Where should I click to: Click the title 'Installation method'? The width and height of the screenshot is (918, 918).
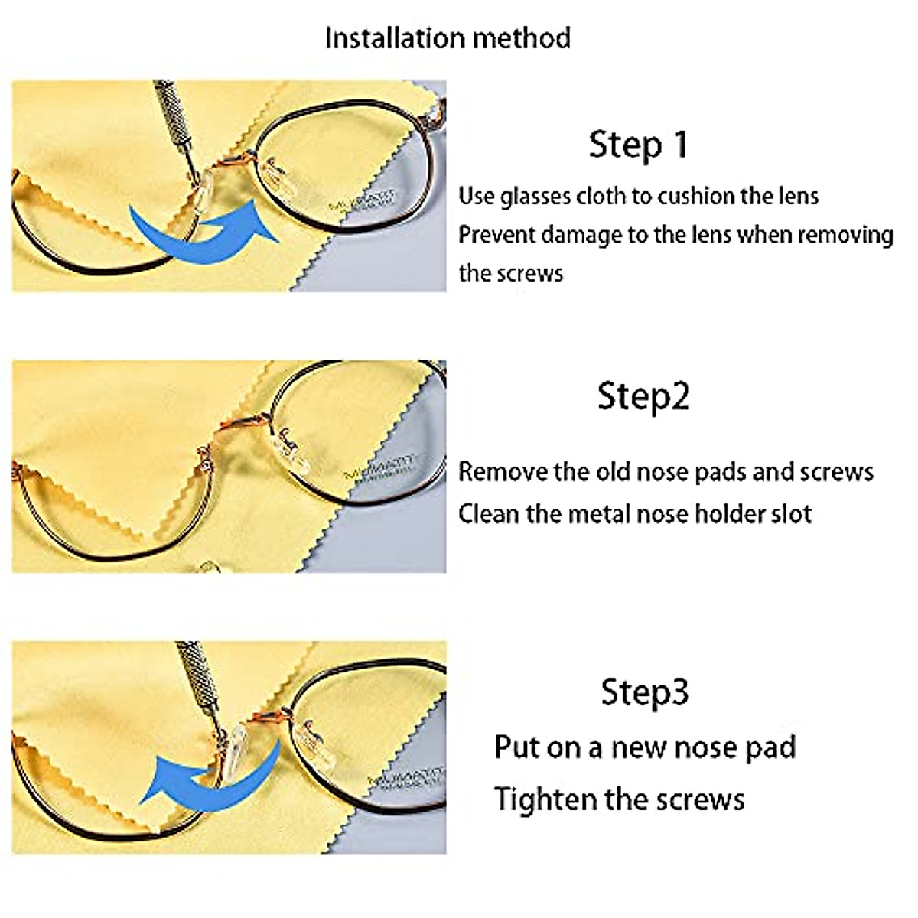448,38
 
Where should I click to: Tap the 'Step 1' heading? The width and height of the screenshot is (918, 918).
639,145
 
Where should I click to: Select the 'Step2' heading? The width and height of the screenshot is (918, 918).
643,396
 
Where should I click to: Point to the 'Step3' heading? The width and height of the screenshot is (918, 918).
645,692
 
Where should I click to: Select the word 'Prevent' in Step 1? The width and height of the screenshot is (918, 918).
496,234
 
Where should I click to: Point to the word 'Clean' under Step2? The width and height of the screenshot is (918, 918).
487,513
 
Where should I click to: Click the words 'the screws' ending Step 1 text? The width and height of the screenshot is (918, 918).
510,273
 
